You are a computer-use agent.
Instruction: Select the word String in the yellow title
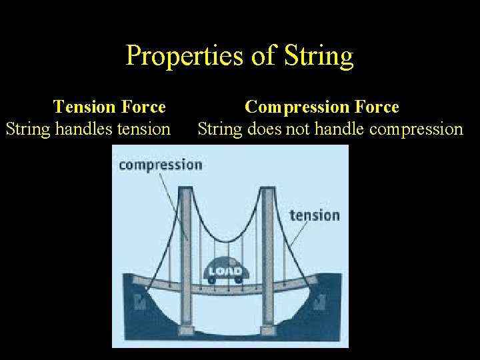317,56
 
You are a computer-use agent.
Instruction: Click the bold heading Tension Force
109,107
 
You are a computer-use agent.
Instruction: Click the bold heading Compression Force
321,107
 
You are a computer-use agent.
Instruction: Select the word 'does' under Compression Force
264,129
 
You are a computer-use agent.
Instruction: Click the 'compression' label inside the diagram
160,165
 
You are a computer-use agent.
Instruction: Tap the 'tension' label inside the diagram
314,215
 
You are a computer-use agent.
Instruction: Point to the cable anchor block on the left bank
141,303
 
